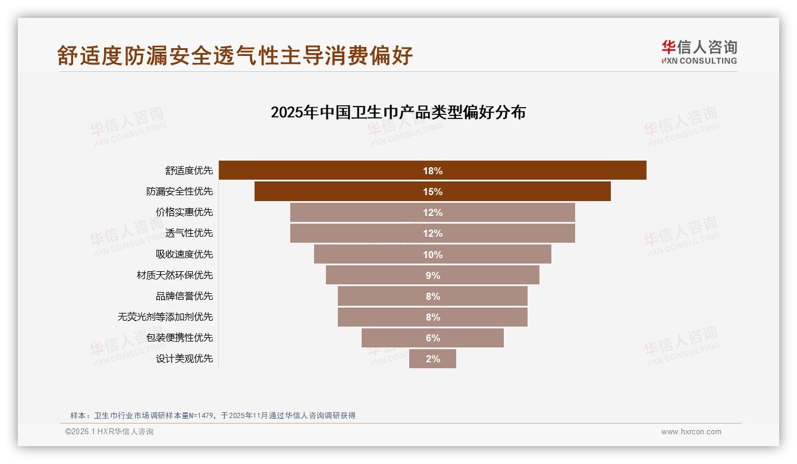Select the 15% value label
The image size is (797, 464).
pos(432,192)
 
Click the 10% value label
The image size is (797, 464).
pos(432,255)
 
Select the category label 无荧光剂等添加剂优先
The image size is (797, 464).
pos(165,317)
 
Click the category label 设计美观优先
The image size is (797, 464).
pos(184,359)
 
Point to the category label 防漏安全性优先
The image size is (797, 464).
pos(179,192)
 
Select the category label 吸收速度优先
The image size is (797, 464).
pos(184,255)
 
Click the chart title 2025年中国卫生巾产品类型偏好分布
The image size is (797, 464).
pos(398,112)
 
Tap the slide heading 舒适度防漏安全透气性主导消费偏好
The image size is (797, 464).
pos(235,56)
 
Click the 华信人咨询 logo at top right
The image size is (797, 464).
pos(699,52)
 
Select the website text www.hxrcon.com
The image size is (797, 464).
pos(691,432)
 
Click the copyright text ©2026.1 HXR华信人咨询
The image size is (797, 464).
pos(109,432)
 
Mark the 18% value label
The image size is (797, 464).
pos(432,171)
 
